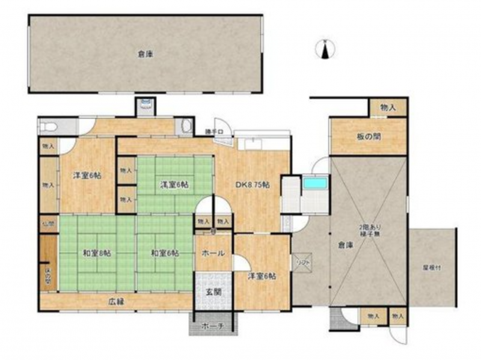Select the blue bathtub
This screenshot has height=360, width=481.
pos(314,182)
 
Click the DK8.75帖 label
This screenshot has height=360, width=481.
pos(252,185)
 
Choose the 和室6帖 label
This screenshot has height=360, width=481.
pos(165,253)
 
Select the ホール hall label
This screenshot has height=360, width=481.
pos(213,253)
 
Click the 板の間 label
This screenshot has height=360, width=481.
pos(367,136)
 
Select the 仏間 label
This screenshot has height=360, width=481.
pos(48,224)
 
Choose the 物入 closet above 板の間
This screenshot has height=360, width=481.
pos(388,107)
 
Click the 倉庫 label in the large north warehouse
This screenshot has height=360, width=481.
pos(144,54)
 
